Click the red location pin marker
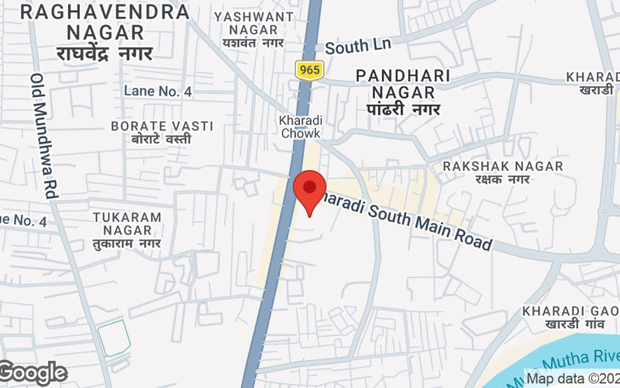click(310, 191)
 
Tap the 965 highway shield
click(308, 70)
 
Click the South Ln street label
click(358, 47)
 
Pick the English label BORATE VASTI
click(151, 125)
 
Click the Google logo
click(33, 373)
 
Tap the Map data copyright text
click(572, 379)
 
